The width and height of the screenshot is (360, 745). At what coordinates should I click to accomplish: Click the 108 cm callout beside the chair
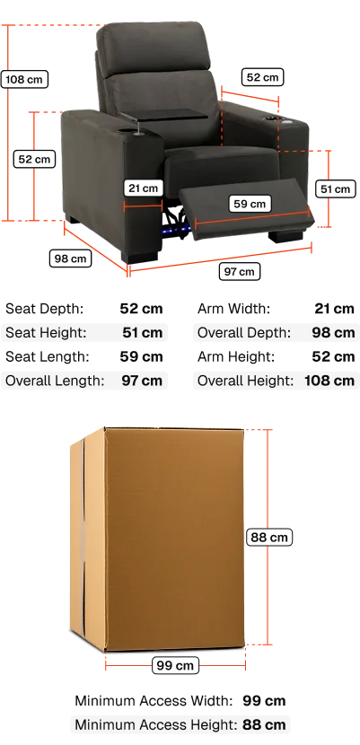click(25, 79)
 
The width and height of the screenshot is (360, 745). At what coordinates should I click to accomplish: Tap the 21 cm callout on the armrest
click(143, 188)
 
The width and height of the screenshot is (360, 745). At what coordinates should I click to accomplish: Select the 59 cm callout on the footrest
click(250, 204)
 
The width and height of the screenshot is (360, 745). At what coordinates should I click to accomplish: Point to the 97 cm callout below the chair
click(240, 271)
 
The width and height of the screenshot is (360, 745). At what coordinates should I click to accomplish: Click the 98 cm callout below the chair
click(70, 259)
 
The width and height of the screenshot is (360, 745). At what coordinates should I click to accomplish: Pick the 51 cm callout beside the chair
click(335, 189)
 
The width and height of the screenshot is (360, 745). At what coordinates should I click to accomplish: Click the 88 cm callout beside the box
click(269, 538)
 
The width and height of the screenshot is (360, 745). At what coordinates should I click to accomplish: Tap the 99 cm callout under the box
click(175, 665)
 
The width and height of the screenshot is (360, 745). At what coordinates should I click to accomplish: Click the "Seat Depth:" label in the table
click(44, 309)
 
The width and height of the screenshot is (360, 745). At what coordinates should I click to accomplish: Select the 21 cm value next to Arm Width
click(334, 309)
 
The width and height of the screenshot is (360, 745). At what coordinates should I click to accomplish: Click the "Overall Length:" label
click(55, 381)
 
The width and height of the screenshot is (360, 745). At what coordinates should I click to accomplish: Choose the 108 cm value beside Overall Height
click(329, 381)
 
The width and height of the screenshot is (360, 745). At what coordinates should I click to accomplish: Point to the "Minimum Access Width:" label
click(154, 701)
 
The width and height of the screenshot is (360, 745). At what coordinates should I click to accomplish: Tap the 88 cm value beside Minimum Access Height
click(264, 725)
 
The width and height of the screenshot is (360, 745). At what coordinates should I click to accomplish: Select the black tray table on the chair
click(165, 115)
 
